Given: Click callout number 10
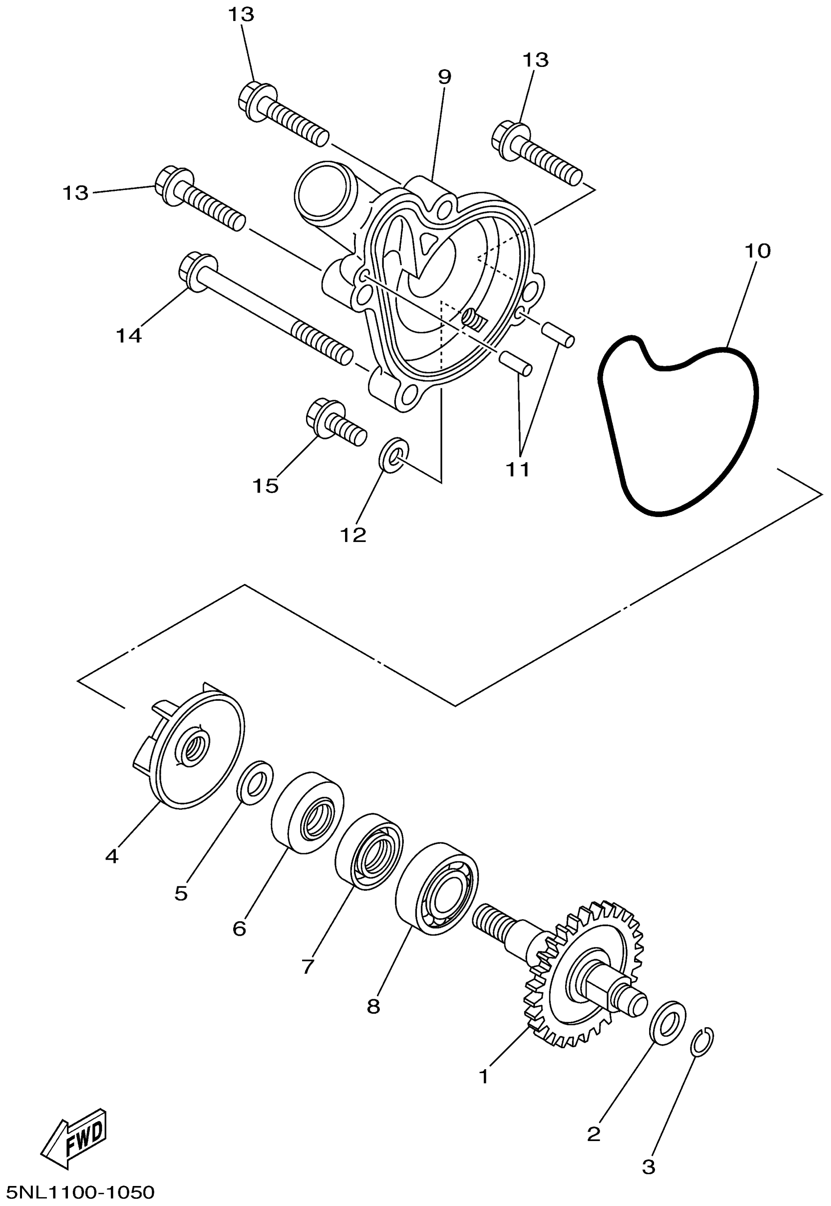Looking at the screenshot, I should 757,251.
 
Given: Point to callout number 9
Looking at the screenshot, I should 444,77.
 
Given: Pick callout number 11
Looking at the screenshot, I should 518,469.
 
